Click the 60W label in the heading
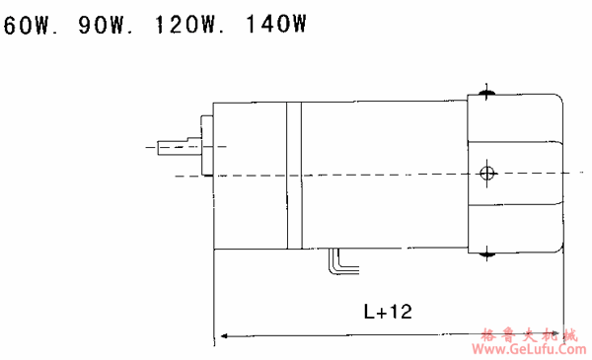(28, 26)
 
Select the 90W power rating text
(103, 26)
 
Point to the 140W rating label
(275, 24)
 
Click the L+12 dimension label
(388, 312)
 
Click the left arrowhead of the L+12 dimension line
(224, 335)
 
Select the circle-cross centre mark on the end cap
(487, 174)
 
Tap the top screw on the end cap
(486, 92)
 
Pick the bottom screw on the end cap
(486, 254)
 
